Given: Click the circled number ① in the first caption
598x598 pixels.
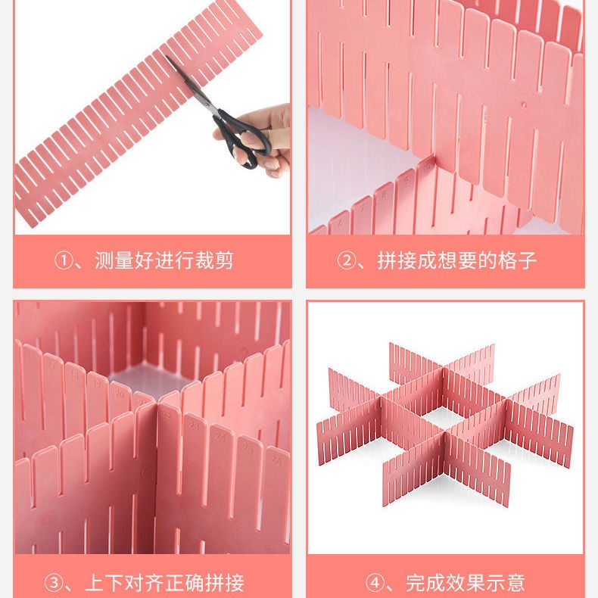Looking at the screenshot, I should coord(63,262).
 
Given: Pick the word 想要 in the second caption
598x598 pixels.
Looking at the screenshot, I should coord(457,262).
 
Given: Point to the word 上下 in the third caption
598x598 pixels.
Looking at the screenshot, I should coord(104,583).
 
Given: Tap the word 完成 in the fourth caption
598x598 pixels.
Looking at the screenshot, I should coord(425,583).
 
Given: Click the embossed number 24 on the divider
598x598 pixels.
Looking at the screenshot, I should coord(221,437).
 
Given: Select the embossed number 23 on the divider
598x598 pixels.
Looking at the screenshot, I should coord(193,426).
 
